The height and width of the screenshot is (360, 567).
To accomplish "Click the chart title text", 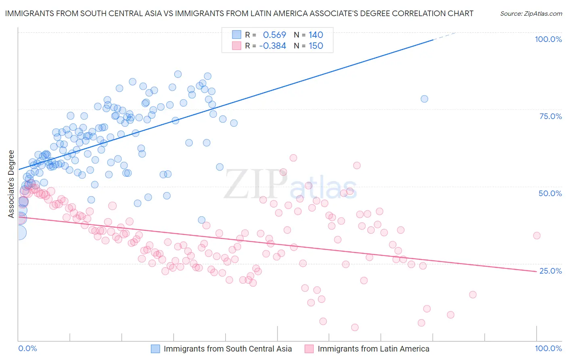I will coord(239,13).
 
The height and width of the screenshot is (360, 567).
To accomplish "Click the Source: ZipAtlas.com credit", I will coord(531,13).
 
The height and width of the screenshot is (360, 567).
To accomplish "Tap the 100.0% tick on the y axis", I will coord(548,39).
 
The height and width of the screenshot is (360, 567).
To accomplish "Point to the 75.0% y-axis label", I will coord(550,116).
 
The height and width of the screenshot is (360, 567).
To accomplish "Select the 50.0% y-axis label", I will coord(550,193).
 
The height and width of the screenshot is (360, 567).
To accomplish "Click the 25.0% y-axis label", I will coord(550,271).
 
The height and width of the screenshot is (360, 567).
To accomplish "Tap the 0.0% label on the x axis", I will coord(27,348).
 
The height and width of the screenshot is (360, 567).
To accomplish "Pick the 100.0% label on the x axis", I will coord(548,348).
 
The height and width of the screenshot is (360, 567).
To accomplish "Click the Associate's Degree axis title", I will coord(11,184).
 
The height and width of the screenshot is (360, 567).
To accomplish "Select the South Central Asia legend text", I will coord(227,349).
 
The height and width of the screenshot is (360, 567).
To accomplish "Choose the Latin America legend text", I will coord(373,349).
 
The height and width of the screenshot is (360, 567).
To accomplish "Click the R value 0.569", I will coord(274,35).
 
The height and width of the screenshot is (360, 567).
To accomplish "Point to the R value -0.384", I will coord(273,46).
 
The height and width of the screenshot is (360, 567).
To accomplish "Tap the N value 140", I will coord(316,35).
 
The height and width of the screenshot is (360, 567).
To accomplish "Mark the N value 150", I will coord(316,46).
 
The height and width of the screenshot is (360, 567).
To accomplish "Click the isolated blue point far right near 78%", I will coord(424,99).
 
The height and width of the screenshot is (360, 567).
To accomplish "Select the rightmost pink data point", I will coord(537,236).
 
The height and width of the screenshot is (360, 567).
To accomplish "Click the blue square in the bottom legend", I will coord(155,349).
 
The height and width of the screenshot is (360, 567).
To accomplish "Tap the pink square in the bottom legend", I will coord(309,349).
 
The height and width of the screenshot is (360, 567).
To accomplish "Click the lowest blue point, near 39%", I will coord(202,220).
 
